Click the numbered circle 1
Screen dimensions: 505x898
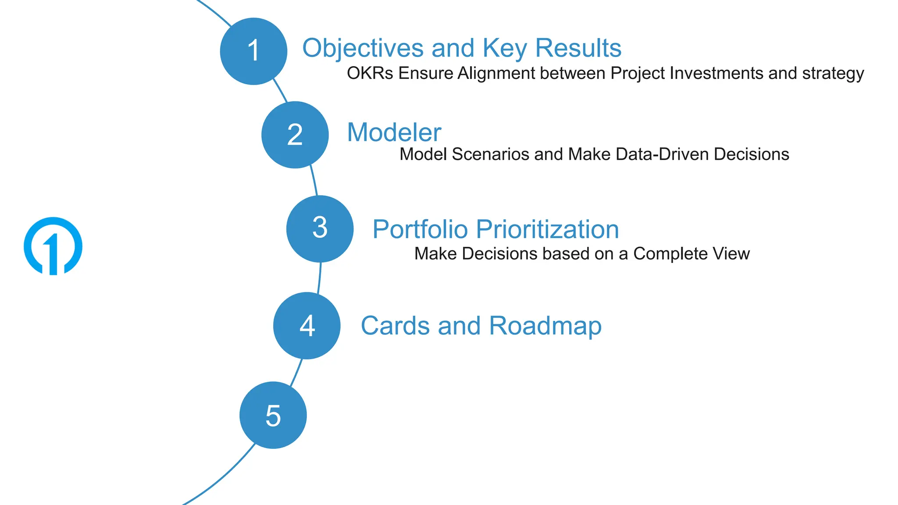[x=253, y=51]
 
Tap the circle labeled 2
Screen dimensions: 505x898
[x=295, y=135]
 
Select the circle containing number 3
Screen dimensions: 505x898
[x=320, y=229]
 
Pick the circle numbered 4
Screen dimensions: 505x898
[x=306, y=326]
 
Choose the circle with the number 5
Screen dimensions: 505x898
[x=273, y=415]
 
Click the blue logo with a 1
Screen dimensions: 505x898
[x=53, y=246]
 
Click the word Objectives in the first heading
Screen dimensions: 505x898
[x=363, y=48]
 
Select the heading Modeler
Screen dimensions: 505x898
[x=394, y=132]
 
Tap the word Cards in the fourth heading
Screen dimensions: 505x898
[x=395, y=326]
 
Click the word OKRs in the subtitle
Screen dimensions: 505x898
[x=370, y=73]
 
